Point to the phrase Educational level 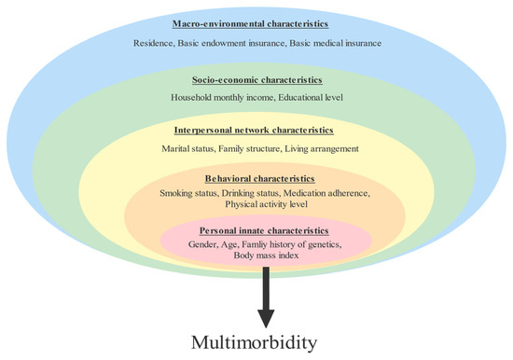305,98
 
